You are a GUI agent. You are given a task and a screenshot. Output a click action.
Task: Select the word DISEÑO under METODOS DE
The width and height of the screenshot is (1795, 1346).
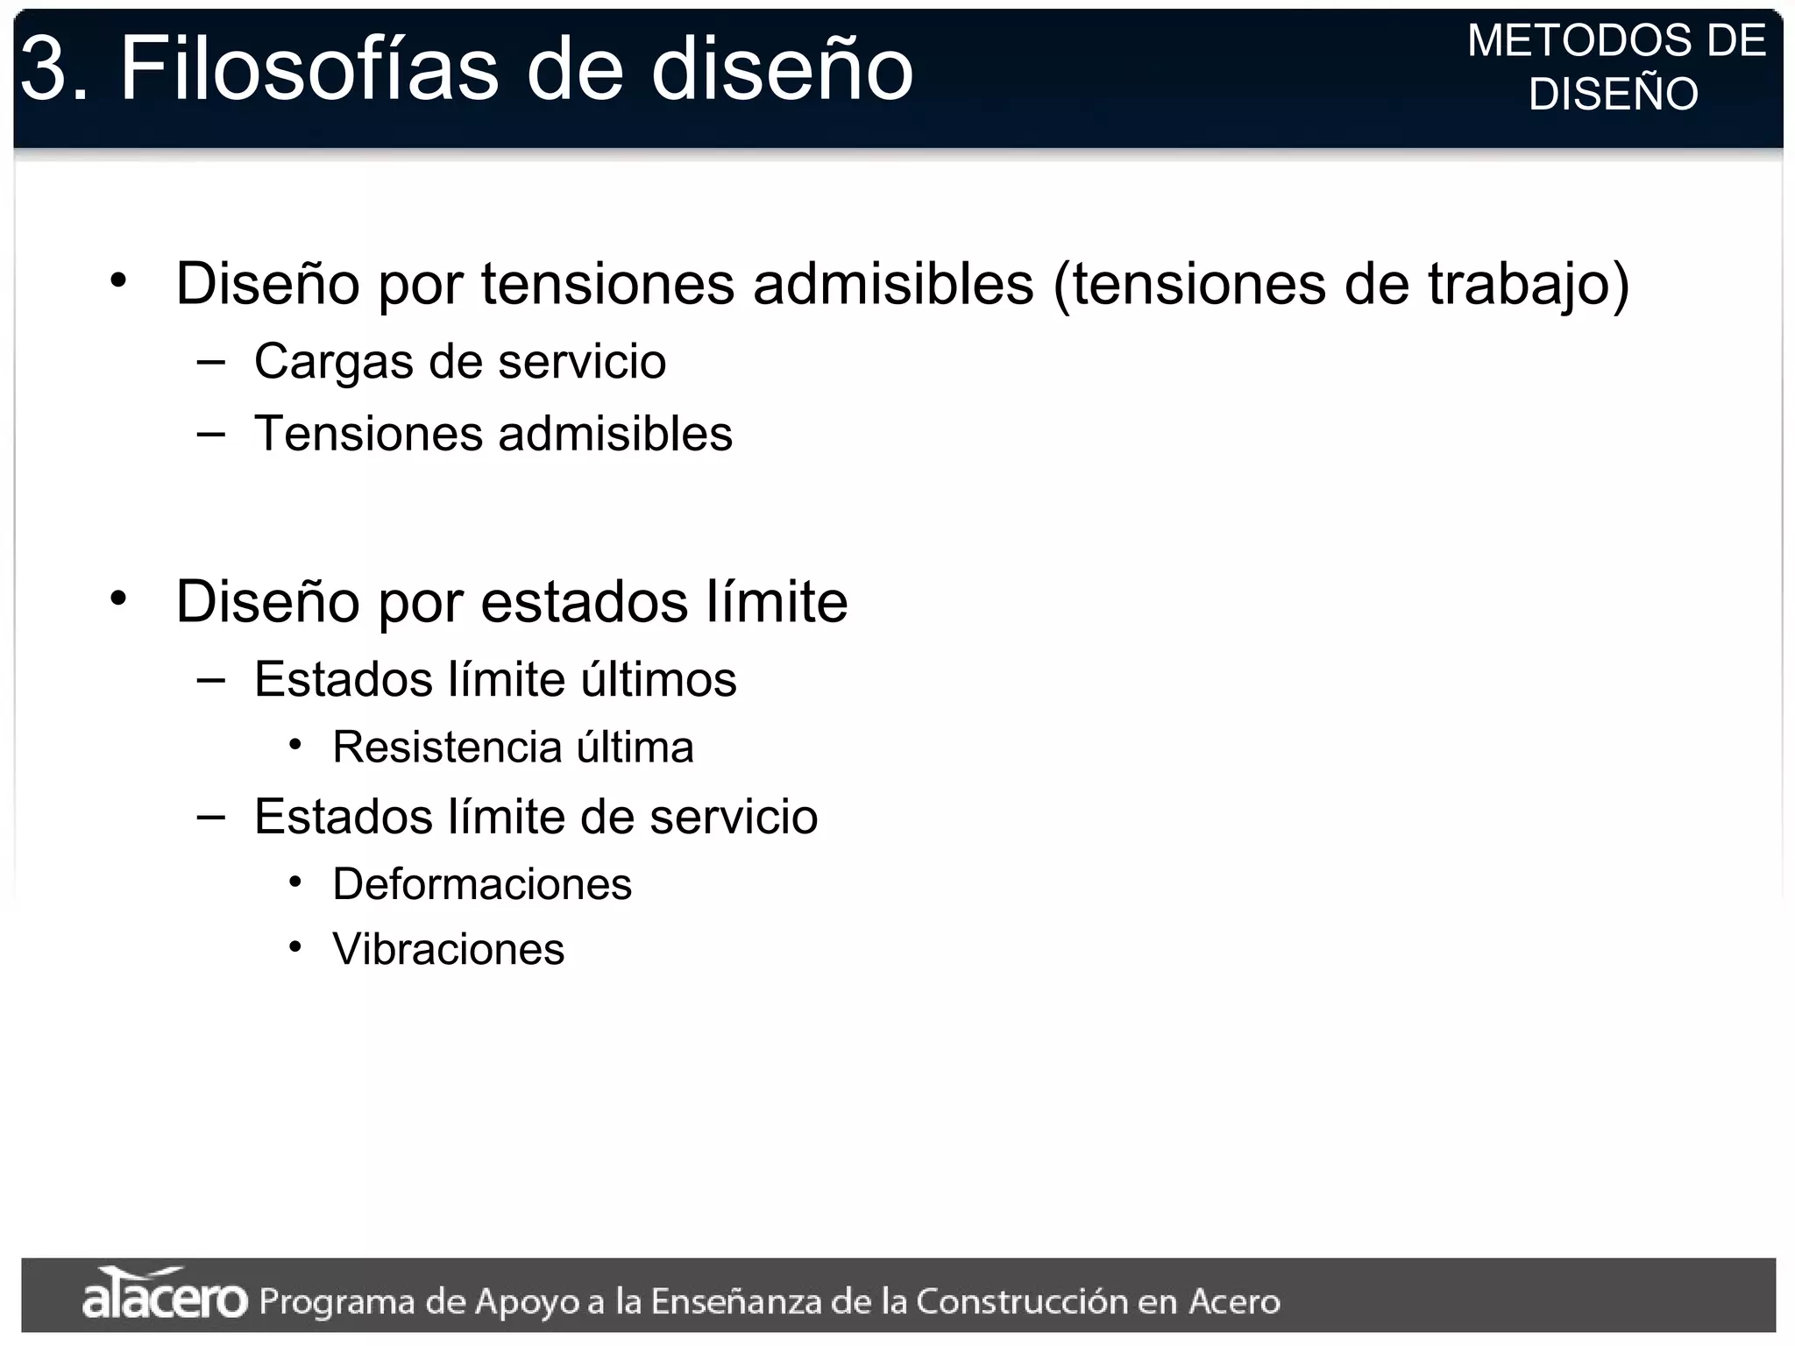coord(1614,94)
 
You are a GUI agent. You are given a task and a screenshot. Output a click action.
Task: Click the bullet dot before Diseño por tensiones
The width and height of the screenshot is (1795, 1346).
coord(118,281)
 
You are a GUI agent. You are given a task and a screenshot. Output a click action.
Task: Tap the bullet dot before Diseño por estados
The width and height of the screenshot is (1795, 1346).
coord(118,599)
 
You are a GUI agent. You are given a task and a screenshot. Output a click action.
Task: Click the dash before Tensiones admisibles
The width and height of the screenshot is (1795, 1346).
coord(211,432)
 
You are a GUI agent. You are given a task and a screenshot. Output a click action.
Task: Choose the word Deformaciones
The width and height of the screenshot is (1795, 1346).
coord(482,883)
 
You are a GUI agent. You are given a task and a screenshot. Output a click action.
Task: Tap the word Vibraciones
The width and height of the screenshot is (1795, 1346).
coord(448,949)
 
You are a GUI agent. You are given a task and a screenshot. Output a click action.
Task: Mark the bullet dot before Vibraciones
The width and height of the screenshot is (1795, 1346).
coord(296,947)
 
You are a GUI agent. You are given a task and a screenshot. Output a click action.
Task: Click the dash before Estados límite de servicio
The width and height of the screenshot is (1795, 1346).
coord(211,816)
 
